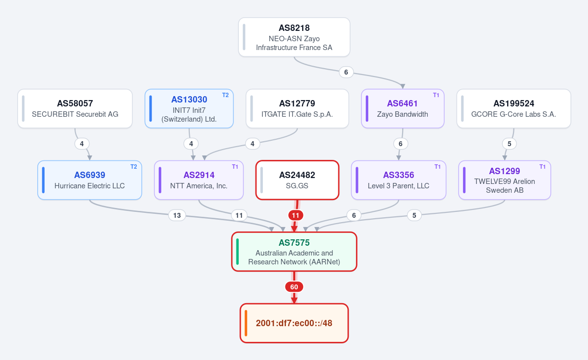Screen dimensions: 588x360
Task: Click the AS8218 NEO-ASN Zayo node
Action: (294, 37)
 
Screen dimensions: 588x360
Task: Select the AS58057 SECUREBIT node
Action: (75, 109)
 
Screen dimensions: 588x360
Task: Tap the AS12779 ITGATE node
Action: (297, 109)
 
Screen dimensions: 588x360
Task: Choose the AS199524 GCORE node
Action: (514, 109)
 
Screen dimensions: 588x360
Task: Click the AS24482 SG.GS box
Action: (297, 180)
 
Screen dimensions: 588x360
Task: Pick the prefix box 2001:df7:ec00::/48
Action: (294, 323)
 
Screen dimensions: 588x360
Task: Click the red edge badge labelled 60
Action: (294, 287)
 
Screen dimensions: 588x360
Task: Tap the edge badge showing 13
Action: (177, 215)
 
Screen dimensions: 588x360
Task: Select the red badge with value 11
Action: (296, 215)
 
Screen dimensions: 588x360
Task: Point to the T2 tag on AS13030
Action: (226, 95)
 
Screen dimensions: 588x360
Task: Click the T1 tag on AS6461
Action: (436, 95)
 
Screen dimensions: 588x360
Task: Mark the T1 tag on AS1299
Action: (542, 167)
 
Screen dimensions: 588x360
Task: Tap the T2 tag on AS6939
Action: (133, 167)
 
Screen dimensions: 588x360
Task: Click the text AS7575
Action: (294, 243)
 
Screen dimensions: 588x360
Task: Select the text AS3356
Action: (399, 175)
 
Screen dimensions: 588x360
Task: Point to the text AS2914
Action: (199, 175)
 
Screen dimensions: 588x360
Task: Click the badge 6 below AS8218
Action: (346, 72)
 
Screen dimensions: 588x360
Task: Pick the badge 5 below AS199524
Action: (509, 144)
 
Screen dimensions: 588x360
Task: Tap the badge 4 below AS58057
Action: (82, 144)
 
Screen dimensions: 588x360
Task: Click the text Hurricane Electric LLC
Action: (90, 186)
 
